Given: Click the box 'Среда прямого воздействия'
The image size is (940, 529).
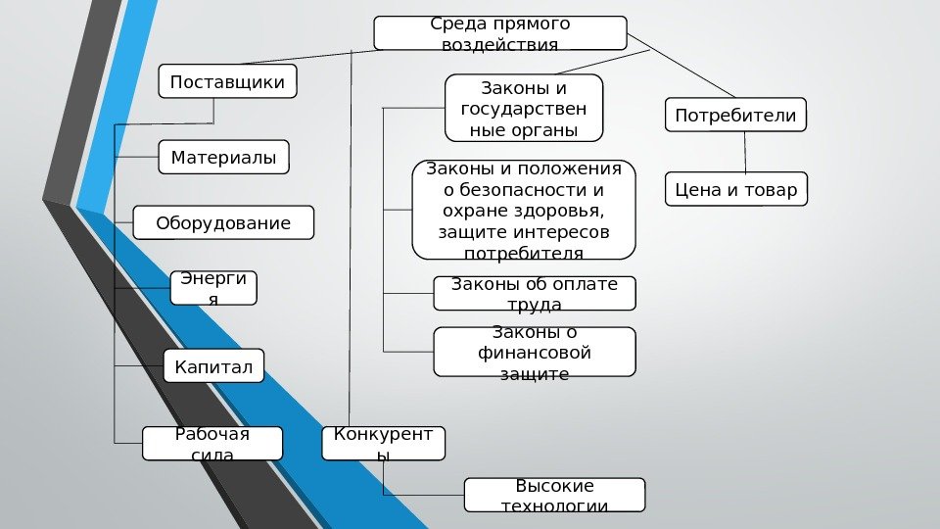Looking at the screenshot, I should [x=499, y=32].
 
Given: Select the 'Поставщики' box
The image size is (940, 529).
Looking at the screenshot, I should [x=227, y=81].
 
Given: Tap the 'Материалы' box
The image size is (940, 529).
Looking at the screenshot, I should [x=223, y=157].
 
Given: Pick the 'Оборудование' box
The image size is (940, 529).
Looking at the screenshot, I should [x=223, y=222].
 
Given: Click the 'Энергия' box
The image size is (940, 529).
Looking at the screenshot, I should [x=213, y=288].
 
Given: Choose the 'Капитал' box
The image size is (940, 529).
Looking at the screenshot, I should [x=213, y=367].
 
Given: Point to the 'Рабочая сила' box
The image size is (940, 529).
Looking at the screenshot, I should [x=211, y=443].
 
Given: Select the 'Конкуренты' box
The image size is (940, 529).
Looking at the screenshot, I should [x=383, y=443].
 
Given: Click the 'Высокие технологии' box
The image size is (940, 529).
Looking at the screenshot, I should [x=554, y=495].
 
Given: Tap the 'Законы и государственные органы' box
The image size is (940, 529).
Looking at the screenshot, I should [x=524, y=108].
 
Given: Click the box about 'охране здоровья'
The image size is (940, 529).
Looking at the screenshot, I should [x=524, y=210].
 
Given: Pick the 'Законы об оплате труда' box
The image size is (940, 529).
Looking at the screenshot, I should [x=534, y=293].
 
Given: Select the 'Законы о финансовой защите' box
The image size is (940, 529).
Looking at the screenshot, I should [x=534, y=352].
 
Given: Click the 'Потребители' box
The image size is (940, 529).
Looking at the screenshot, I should [x=735, y=115].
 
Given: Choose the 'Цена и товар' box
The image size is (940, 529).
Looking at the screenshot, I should [x=736, y=189].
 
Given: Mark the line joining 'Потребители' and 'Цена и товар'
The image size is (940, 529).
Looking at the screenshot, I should [x=746, y=152].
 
